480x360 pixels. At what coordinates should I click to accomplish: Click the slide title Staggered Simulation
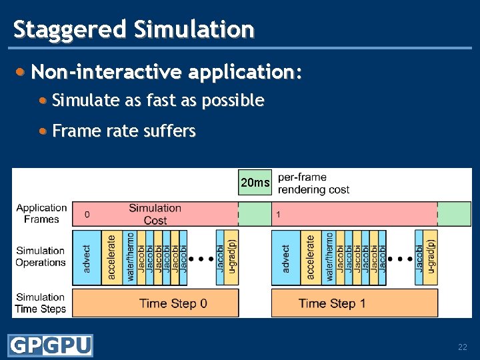(x=133, y=29)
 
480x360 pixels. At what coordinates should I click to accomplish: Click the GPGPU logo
(x=50, y=345)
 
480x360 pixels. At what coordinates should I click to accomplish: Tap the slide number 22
(x=462, y=347)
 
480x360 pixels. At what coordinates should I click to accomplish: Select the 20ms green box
(x=255, y=183)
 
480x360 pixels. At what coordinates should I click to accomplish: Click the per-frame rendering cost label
(x=313, y=183)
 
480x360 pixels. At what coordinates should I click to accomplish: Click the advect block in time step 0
(x=87, y=257)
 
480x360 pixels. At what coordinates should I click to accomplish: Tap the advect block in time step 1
(x=286, y=257)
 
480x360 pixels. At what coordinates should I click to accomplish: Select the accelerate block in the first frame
(x=111, y=257)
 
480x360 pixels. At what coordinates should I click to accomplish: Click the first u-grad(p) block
(x=231, y=257)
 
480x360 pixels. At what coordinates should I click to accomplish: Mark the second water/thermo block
(x=329, y=257)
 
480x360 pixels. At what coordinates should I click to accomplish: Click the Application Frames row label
(x=41, y=213)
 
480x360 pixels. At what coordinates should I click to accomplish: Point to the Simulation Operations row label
(x=41, y=257)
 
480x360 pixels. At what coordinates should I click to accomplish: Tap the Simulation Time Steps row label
(x=41, y=303)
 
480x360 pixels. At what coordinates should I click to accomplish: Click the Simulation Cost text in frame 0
(x=155, y=214)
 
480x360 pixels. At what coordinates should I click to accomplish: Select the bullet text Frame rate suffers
(x=124, y=131)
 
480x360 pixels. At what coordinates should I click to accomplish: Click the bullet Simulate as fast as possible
(x=158, y=101)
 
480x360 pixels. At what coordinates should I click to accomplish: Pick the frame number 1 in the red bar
(x=278, y=215)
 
